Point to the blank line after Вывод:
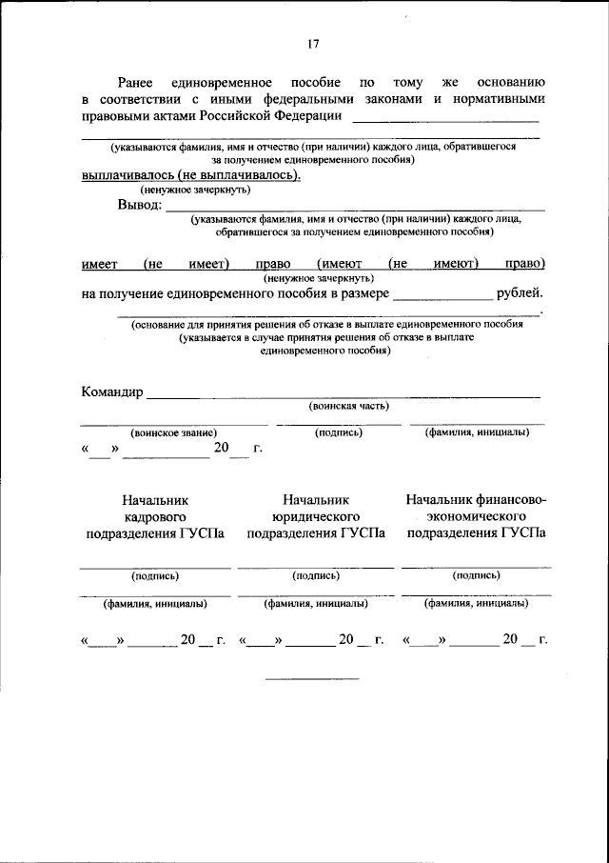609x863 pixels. tap(356, 208)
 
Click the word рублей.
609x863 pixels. tap(519, 293)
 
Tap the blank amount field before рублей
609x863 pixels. tap(442, 298)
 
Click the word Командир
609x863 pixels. tap(111, 391)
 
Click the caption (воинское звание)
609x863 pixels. tap(174, 432)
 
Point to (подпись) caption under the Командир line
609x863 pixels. tap(339, 432)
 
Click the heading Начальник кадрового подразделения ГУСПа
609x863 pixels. tap(155, 515)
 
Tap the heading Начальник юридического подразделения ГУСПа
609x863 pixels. tap(316, 515)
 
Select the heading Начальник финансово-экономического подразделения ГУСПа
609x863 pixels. tap(476, 515)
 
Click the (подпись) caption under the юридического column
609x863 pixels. tap(316, 575)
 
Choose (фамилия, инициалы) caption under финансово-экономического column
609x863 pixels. tap(476, 603)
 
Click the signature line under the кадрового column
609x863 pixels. tap(155, 567)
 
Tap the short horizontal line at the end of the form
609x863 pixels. tap(312, 678)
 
